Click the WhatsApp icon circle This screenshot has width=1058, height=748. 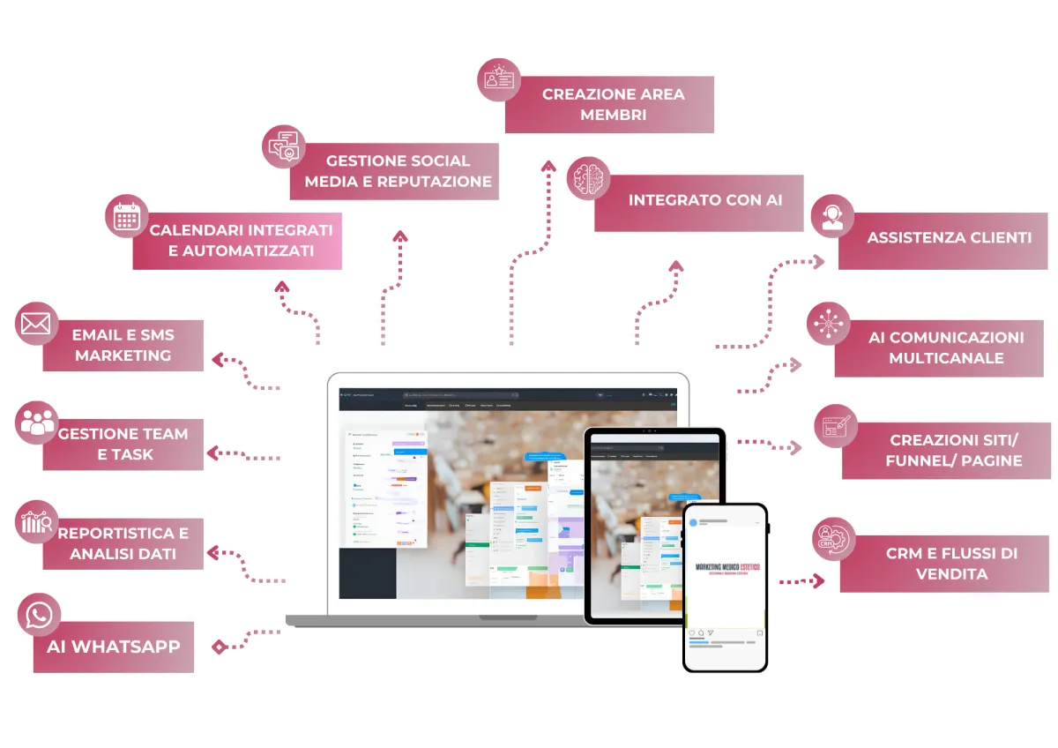tap(39, 615)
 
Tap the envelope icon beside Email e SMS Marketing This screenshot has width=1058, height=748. tap(36, 324)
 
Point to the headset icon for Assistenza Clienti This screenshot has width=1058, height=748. tap(831, 216)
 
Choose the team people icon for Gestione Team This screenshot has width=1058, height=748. tap(37, 422)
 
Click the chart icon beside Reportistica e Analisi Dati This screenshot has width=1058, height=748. tap(37, 522)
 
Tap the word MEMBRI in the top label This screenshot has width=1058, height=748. tap(609, 115)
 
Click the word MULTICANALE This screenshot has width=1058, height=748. tap(946, 358)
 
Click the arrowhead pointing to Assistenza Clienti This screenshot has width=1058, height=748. tap(818, 261)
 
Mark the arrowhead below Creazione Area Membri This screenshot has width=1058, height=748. tap(548, 165)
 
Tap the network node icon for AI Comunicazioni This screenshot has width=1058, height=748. tap(829, 324)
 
